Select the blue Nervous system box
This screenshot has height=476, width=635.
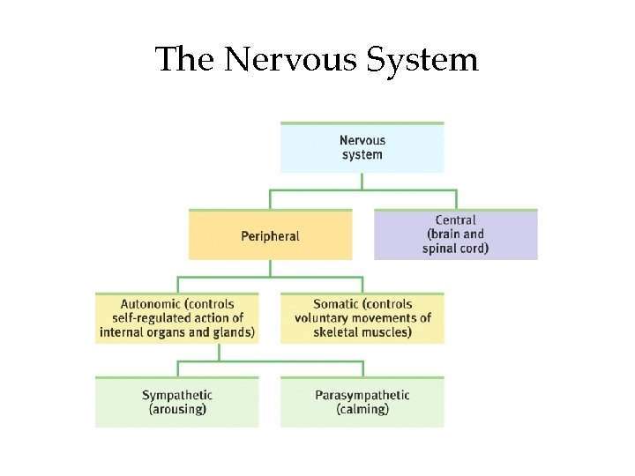pos(362,147)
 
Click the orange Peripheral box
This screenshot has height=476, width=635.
pos(270,235)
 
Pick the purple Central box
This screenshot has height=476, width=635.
pos(455,234)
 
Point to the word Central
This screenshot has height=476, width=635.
pos(455,220)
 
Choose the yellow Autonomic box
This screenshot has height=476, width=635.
pos(176,318)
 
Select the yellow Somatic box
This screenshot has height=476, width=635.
pos(362,318)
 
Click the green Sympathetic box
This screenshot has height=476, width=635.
pos(176,402)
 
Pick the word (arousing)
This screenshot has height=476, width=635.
pos(177,409)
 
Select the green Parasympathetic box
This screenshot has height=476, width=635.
pos(362,402)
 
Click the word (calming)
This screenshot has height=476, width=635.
pos(362,409)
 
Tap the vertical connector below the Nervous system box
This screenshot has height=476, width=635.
pos(362,181)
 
